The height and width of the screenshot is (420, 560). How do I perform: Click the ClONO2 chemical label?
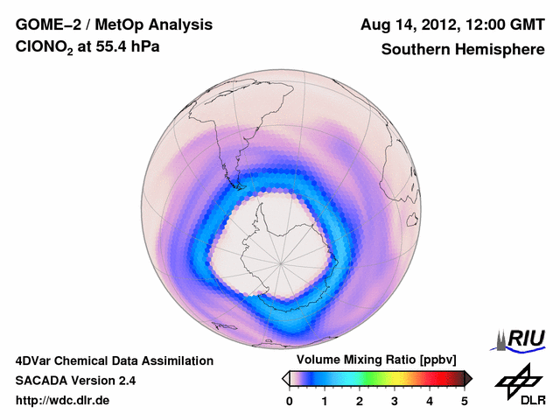(43, 50)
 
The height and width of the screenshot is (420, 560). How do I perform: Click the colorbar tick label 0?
(290, 401)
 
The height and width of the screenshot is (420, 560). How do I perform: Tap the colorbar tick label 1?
(325, 401)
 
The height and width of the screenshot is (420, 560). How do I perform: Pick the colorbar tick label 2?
(360, 401)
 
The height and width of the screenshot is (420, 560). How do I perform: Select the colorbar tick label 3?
(395, 401)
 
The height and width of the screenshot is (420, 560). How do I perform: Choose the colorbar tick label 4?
(430, 401)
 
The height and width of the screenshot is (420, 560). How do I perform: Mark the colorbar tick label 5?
(465, 401)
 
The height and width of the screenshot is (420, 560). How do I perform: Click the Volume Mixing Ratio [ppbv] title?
(373, 360)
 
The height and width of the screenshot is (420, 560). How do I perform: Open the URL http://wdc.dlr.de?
(64, 401)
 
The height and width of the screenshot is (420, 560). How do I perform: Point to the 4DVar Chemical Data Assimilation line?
(114, 360)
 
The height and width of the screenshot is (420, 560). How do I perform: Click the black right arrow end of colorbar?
(469, 378)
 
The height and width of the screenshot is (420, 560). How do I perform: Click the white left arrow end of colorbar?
(285, 378)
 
